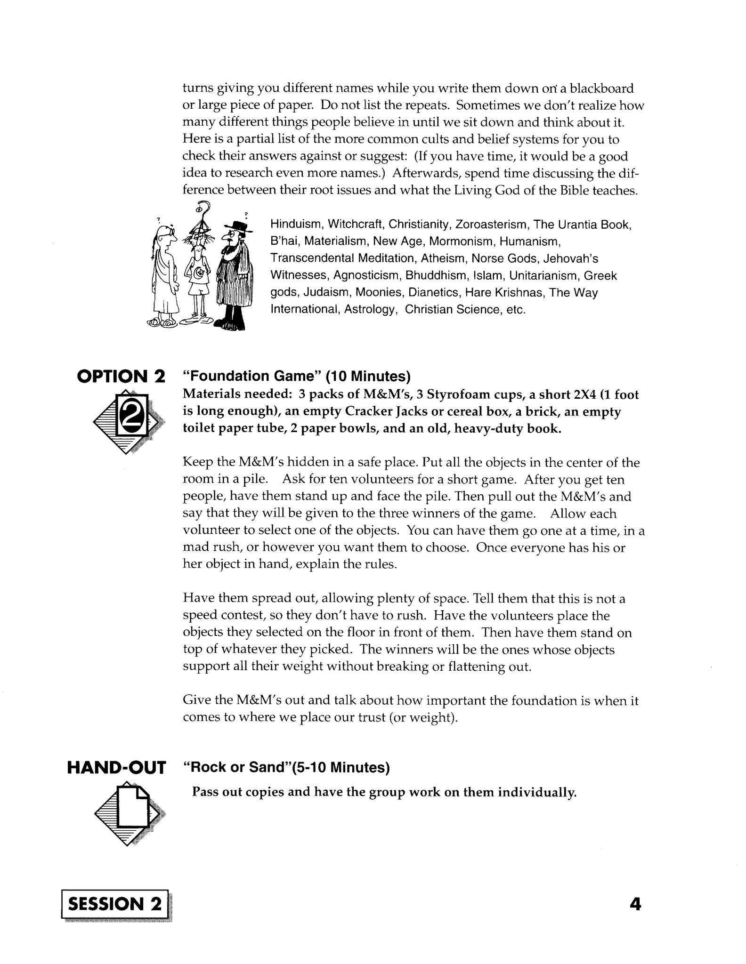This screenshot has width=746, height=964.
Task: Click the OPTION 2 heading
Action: (x=121, y=376)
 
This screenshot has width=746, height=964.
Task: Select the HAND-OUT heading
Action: (x=116, y=768)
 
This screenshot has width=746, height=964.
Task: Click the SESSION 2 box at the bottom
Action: (x=115, y=904)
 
